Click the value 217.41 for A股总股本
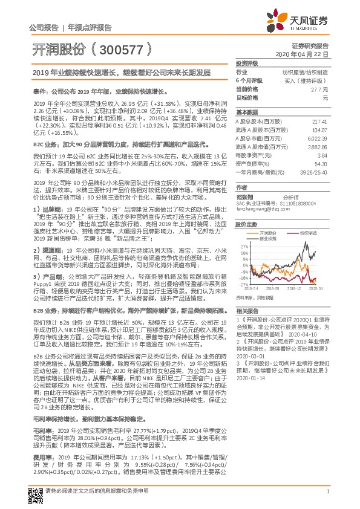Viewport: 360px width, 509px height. (320, 122)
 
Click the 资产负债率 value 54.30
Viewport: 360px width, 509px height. (321, 163)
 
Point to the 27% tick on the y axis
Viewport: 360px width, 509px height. (243, 229)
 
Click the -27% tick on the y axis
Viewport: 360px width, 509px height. (243, 284)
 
